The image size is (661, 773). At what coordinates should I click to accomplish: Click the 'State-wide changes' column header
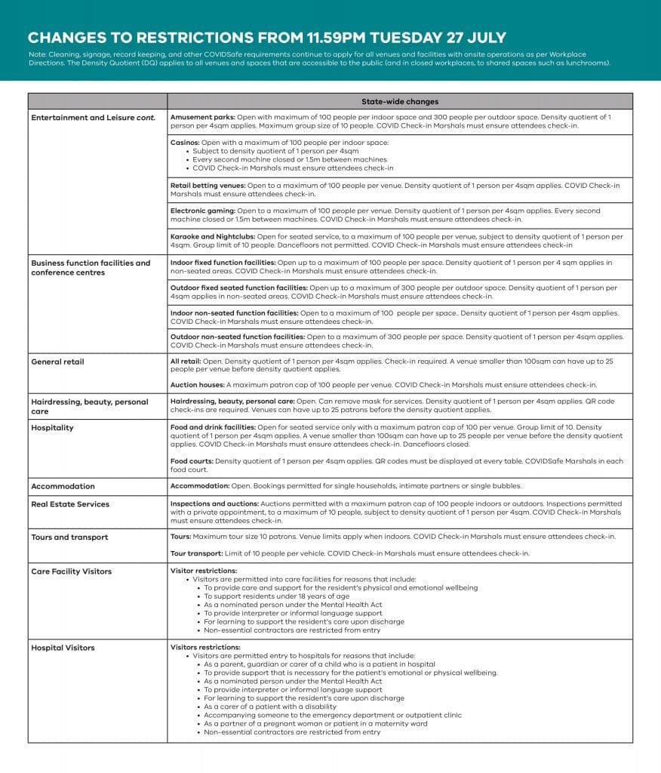point(400,102)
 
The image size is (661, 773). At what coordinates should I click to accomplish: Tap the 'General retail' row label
point(57,362)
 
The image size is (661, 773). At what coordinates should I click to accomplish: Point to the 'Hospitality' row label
point(52,427)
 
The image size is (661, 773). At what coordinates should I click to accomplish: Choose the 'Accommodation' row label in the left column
point(63,486)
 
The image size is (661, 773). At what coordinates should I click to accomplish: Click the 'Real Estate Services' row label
point(70,504)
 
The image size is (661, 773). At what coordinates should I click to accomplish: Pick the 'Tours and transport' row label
point(69,537)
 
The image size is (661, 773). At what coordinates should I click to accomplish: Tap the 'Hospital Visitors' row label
point(63,648)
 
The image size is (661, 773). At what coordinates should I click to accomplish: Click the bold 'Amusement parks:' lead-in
point(203,117)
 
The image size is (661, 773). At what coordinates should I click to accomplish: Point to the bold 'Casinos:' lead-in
point(186,143)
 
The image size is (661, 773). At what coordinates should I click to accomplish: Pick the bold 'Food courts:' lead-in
point(192,460)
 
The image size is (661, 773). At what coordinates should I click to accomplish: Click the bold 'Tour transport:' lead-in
point(198,553)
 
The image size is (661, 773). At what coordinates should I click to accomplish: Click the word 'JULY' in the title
point(483,38)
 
